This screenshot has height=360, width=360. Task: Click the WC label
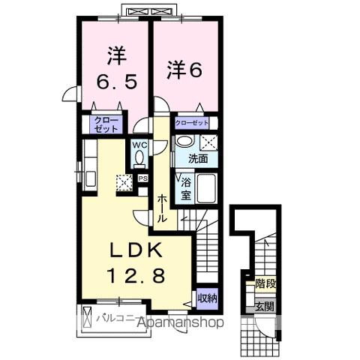(139, 145)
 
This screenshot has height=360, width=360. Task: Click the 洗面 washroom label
(198, 158)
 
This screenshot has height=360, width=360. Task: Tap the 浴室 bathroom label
(184, 187)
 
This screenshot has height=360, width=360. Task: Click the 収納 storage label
(208, 298)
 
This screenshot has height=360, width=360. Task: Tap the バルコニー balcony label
(117, 319)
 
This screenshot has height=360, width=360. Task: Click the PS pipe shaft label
(141, 178)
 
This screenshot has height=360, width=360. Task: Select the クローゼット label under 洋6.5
(106, 124)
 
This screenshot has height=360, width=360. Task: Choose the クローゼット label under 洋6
(191, 121)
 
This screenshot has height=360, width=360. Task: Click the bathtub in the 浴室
(205, 188)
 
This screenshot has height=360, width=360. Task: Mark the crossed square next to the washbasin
(208, 142)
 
